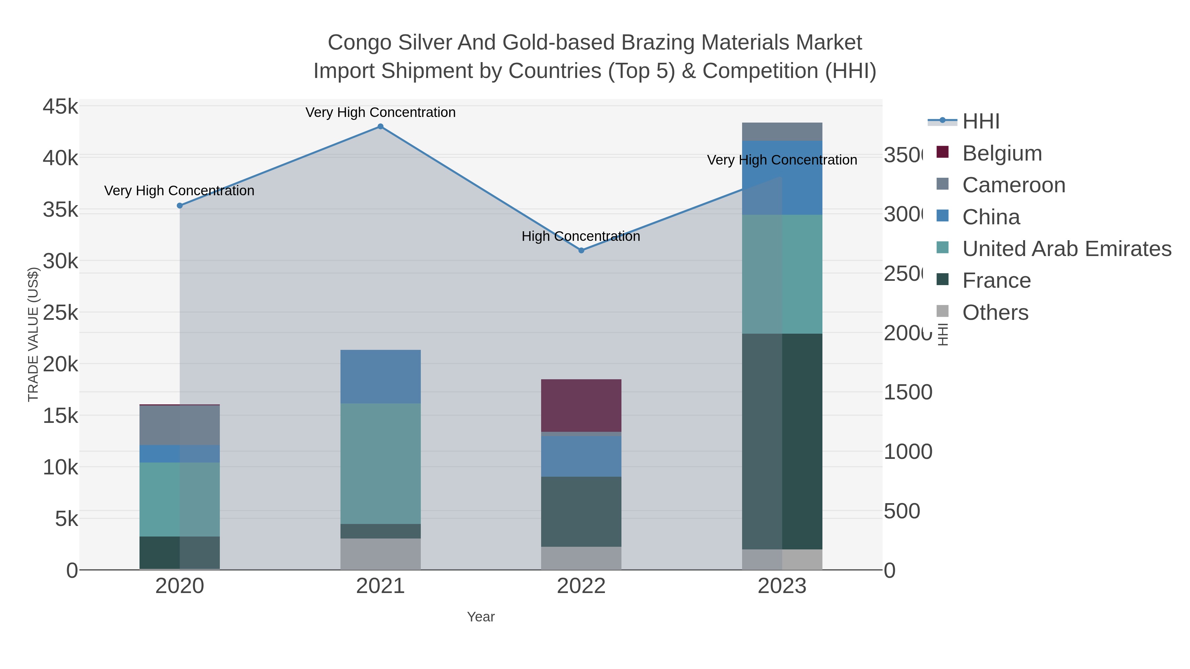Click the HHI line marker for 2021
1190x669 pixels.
pos(380,127)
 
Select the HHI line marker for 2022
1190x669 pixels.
pos(581,250)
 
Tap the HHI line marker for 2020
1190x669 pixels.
pos(180,206)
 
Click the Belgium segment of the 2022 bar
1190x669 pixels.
pos(581,405)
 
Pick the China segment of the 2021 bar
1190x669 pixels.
pos(380,377)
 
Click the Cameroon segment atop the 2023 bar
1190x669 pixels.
pos(782,131)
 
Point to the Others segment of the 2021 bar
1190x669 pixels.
pos(380,554)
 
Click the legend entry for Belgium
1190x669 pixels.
pos(1002,153)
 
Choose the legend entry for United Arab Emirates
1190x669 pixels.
pos(1066,249)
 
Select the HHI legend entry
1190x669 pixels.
pos(980,122)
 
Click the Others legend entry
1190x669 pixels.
pos(995,313)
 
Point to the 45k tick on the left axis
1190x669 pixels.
pos(60,107)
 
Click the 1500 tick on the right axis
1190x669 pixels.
pos(908,392)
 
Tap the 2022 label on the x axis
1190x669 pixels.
pos(581,586)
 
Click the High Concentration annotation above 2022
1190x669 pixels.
pos(581,237)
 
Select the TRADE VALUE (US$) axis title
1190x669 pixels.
pos(33,334)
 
